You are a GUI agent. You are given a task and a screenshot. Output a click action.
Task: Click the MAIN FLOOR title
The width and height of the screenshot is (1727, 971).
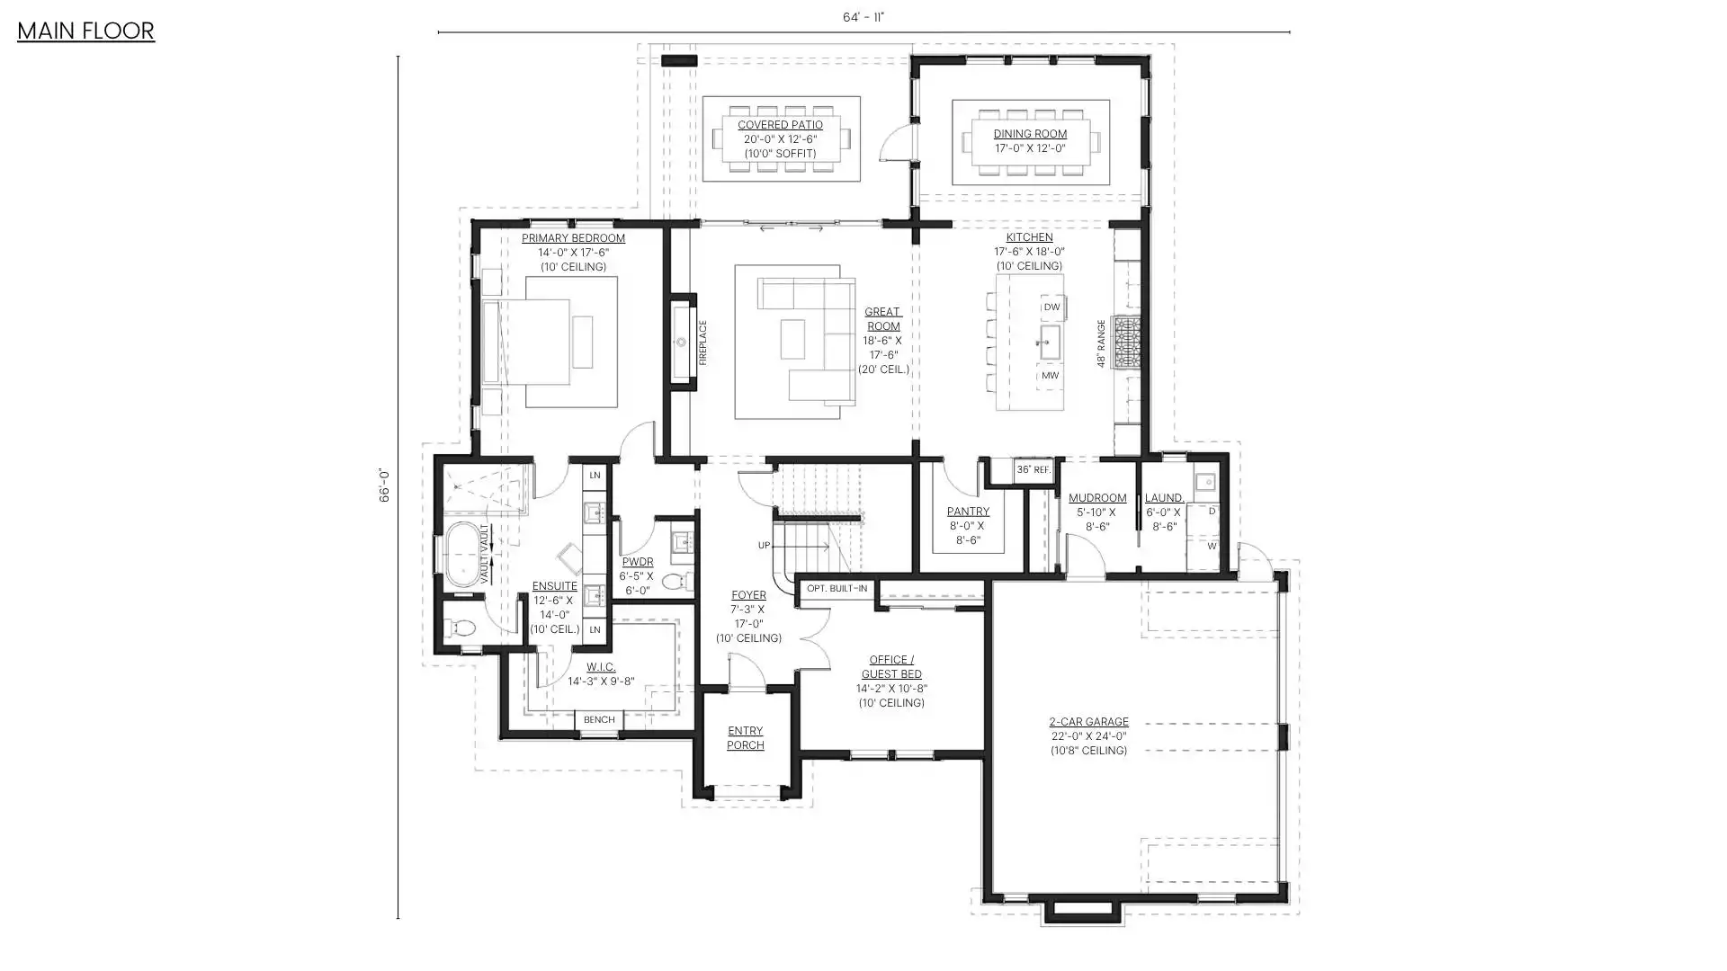pyautogui.click(x=85, y=31)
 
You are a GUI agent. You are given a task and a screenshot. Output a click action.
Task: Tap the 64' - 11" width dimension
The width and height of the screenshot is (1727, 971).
pyautogui.click(x=863, y=17)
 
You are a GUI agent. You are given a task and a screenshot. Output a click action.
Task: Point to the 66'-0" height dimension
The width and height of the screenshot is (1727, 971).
pyautogui.click(x=384, y=485)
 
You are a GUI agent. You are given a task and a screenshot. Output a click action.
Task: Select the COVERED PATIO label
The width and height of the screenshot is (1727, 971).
pyautogui.click(x=780, y=125)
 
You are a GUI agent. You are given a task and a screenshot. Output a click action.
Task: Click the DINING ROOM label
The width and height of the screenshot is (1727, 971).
pyautogui.click(x=1030, y=134)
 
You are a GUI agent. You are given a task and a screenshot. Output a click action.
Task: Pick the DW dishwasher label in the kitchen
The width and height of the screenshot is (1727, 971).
pyautogui.click(x=1051, y=307)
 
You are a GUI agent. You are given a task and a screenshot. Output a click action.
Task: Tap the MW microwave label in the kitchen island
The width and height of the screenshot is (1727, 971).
pyautogui.click(x=1050, y=376)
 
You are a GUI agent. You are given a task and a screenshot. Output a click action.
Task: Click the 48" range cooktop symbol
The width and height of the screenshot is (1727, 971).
pyautogui.click(x=1126, y=342)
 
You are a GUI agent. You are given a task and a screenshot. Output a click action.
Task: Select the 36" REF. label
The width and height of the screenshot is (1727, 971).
pyautogui.click(x=1034, y=470)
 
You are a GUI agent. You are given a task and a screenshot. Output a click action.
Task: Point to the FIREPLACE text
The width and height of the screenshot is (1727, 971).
pyautogui.click(x=703, y=343)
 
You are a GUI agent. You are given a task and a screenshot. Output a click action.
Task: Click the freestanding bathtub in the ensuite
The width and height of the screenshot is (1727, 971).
pyautogui.click(x=465, y=554)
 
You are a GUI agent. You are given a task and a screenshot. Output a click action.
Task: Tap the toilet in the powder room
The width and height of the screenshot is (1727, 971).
pyautogui.click(x=676, y=581)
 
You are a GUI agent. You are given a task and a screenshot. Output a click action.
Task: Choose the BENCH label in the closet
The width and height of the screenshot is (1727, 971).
pyautogui.click(x=599, y=719)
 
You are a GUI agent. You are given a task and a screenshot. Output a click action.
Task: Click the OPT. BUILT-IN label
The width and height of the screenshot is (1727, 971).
pyautogui.click(x=837, y=589)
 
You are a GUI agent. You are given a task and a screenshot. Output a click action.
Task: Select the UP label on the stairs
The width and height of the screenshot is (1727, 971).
pyautogui.click(x=764, y=546)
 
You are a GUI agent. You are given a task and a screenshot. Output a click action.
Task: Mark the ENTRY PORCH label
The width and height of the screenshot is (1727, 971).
pyautogui.click(x=746, y=738)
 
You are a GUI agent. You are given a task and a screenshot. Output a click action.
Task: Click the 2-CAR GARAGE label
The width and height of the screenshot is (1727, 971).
pyautogui.click(x=1088, y=722)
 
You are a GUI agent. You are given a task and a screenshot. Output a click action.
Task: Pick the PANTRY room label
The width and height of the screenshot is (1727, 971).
pyautogui.click(x=968, y=512)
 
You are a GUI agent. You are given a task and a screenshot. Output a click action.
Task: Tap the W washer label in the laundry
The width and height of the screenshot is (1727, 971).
pyautogui.click(x=1212, y=546)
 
